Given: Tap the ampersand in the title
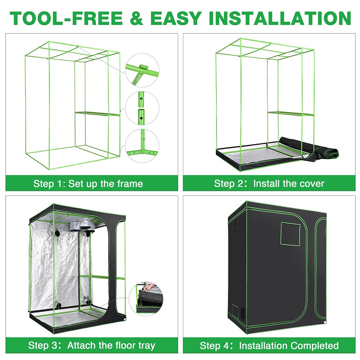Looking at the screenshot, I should pos(136,18).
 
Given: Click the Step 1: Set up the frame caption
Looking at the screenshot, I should pos(88,184).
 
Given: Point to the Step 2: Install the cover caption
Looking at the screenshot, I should pos(269,184).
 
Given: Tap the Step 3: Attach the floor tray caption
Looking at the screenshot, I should pos(91,346).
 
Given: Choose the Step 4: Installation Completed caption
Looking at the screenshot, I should pos(269,346).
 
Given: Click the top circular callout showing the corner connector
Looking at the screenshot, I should pos(143,71).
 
